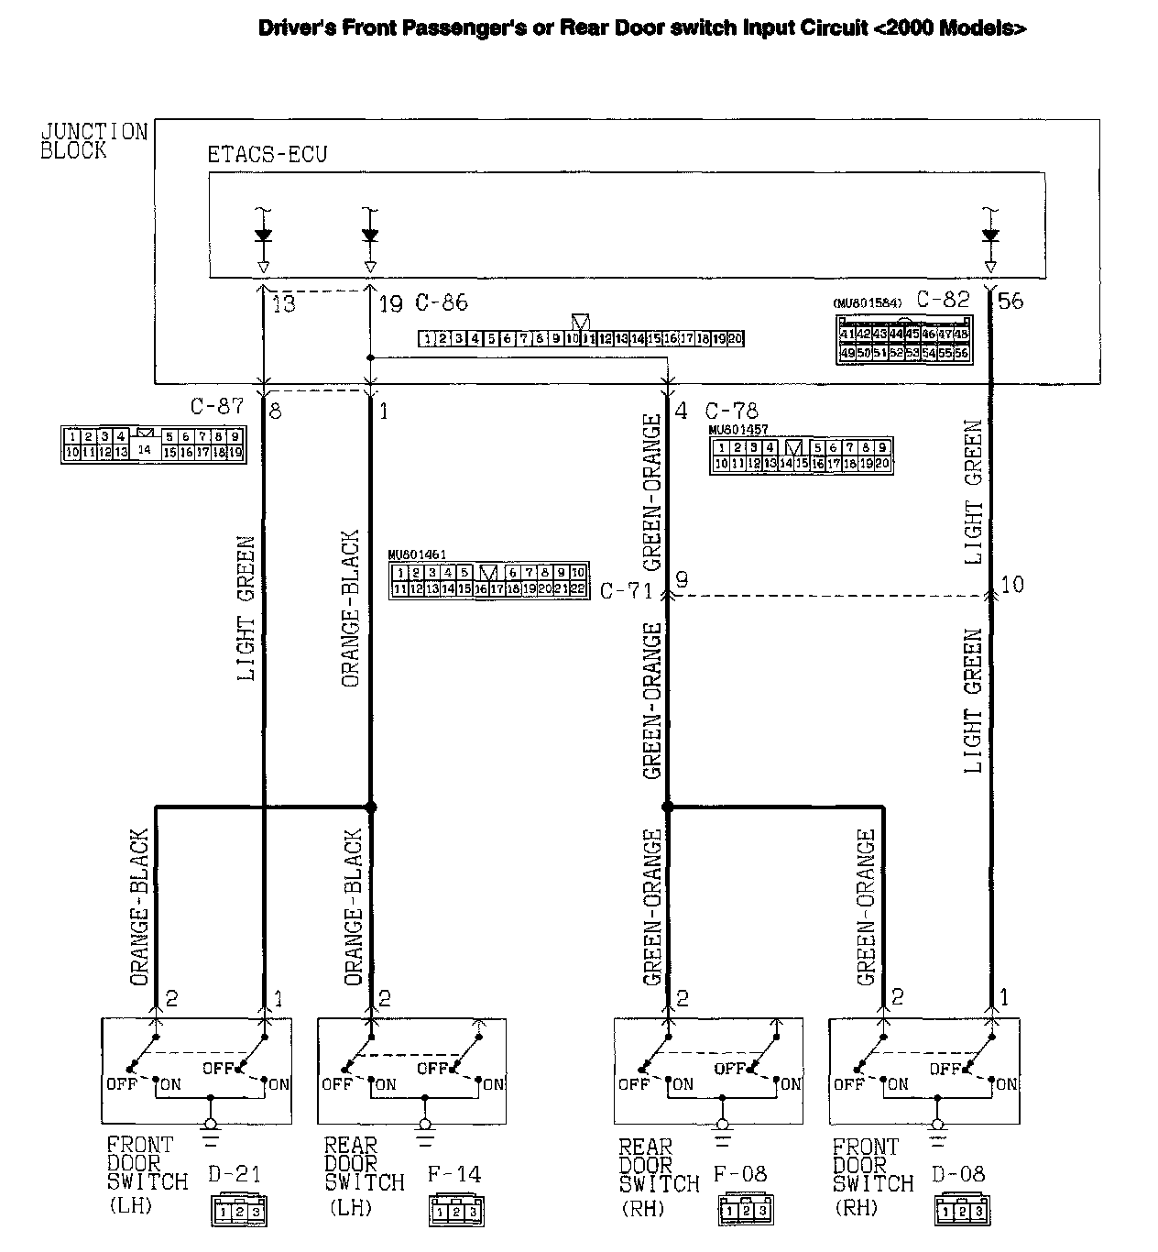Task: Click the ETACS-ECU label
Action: coord(267,154)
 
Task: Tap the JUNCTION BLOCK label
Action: coord(93,141)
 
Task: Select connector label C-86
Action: coord(442,302)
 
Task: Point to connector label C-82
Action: coord(943,299)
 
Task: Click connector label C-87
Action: coord(217,407)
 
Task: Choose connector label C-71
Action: coord(627,590)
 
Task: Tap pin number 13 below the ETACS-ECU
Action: coord(284,303)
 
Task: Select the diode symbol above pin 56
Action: coord(989,235)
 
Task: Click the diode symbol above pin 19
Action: coord(369,235)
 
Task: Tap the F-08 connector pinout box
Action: coord(743,1210)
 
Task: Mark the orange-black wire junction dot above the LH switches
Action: coord(370,807)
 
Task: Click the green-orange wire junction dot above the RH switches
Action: coord(667,807)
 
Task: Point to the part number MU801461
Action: coord(417,554)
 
